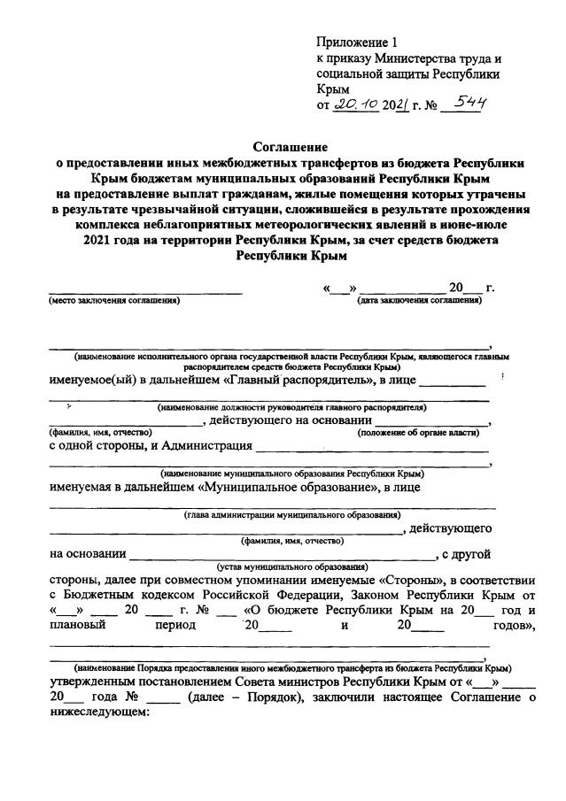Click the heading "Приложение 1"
point(358,42)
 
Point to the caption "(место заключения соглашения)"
point(113,301)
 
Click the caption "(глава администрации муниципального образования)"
point(291,514)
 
